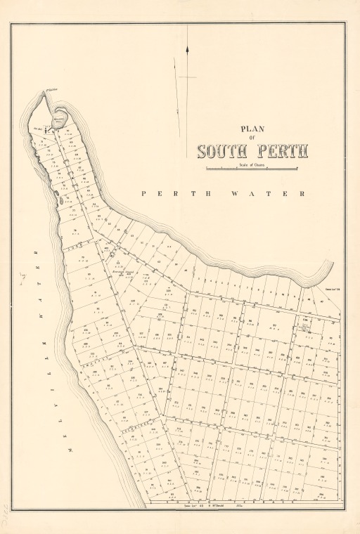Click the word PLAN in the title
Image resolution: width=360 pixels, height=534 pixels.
point(252,129)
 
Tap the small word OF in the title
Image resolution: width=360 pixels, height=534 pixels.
point(252,138)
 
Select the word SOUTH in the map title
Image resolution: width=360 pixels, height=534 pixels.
point(222,152)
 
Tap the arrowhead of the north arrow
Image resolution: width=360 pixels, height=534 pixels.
point(188,49)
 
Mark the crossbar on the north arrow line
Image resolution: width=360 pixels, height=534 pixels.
point(188,77)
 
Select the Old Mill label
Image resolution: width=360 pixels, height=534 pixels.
point(39,129)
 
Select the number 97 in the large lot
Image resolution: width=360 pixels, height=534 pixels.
point(276,325)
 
